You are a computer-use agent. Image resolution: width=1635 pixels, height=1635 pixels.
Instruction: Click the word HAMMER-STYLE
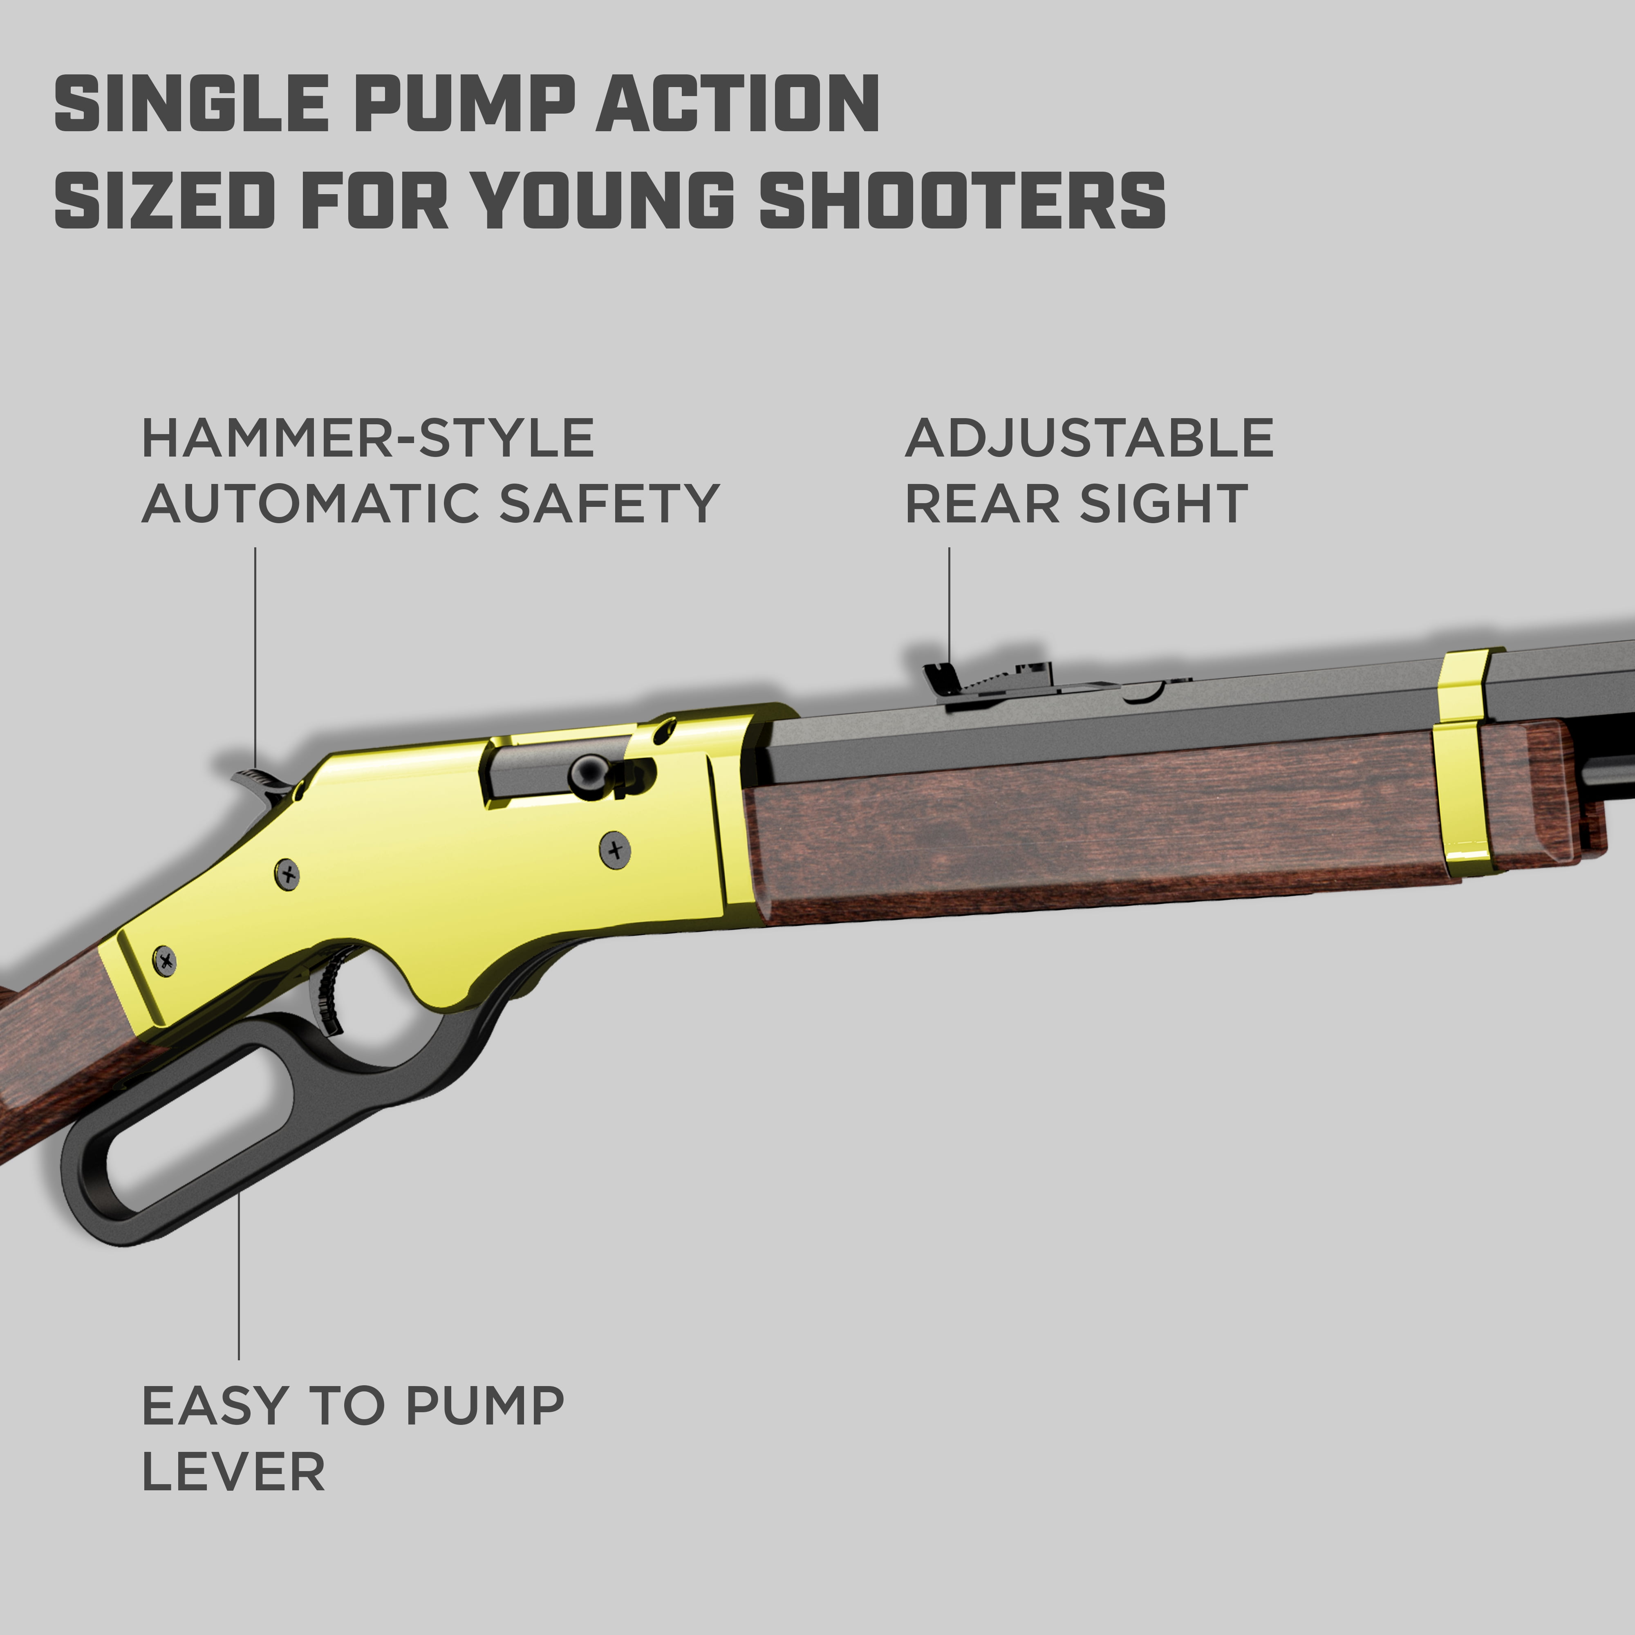[368, 438]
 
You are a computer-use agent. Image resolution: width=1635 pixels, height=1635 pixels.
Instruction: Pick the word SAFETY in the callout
[609, 504]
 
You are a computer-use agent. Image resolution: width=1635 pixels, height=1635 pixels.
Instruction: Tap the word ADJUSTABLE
[1089, 438]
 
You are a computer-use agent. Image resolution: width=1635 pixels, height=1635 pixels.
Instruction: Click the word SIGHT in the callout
[1164, 504]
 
